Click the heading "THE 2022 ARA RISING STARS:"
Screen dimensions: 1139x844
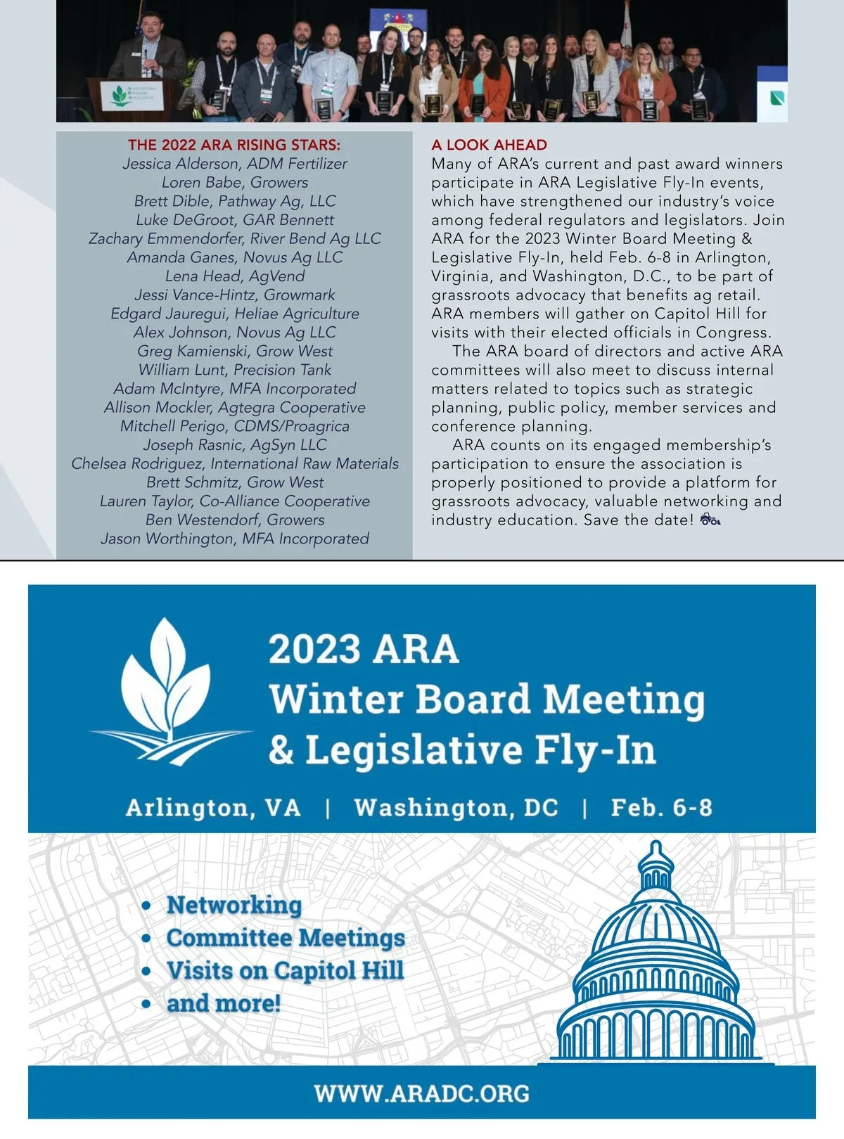point(234,145)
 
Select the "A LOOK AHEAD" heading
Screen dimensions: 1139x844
point(489,145)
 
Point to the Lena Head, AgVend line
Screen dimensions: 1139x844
point(235,276)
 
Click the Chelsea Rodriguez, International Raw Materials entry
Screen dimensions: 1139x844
point(235,464)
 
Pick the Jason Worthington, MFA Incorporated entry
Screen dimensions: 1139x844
point(235,539)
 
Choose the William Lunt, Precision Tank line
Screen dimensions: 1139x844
point(235,370)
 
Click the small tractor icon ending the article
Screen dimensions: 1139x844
point(710,520)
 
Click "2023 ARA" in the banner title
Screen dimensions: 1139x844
point(364,649)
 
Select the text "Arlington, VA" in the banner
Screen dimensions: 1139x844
point(213,807)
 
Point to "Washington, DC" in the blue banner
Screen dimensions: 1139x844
point(456,807)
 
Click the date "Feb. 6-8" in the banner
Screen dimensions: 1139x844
point(661,807)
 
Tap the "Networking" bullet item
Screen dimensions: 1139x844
point(234,905)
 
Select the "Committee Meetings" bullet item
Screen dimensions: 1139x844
point(286,938)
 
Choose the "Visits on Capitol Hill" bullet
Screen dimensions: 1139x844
point(285,971)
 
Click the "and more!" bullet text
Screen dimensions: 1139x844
point(224,1003)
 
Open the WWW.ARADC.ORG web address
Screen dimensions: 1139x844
point(422,1093)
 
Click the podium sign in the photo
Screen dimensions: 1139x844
point(134,94)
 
